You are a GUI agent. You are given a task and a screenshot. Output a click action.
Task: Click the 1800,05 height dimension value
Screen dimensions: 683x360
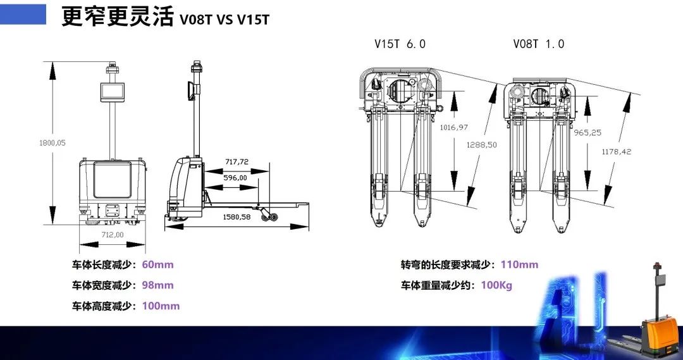[52, 143]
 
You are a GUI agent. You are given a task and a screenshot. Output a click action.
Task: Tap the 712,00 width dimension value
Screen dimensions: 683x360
[113, 235]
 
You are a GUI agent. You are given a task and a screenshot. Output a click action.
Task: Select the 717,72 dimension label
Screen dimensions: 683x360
[237, 162]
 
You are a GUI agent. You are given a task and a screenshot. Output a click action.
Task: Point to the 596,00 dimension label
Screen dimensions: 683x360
[235, 178]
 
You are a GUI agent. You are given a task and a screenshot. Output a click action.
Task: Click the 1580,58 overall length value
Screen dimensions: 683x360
[237, 216]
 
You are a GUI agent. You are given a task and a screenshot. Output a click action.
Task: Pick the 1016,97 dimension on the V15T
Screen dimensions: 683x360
[454, 127]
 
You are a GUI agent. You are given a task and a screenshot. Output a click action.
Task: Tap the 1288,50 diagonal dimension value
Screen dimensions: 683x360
[482, 145]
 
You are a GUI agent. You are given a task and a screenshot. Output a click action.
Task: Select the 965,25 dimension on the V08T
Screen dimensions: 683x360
[588, 132]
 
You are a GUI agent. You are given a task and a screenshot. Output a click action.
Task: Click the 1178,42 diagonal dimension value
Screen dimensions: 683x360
[617, 152]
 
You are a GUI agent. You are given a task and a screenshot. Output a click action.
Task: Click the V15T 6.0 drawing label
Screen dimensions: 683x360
[400, 44]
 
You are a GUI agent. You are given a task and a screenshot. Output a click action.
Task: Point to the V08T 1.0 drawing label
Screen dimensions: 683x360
[538, 44]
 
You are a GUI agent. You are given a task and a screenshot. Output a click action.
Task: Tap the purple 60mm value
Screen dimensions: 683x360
[157, 264]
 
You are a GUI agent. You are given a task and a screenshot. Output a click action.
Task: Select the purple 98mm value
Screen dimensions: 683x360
[157, 285]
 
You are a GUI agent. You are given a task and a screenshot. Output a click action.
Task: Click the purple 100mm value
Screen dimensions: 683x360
[161, 306]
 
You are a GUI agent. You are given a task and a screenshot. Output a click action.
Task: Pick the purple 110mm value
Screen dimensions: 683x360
[519, 264]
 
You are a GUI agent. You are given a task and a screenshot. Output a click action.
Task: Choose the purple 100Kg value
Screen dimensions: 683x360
[496, 285]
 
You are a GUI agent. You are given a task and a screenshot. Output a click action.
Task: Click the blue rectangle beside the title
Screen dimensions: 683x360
[23, 15]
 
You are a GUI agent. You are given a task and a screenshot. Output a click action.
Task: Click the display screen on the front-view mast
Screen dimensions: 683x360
[113, 92]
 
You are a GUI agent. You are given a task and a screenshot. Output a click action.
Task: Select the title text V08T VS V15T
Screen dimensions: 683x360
[225, 20]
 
